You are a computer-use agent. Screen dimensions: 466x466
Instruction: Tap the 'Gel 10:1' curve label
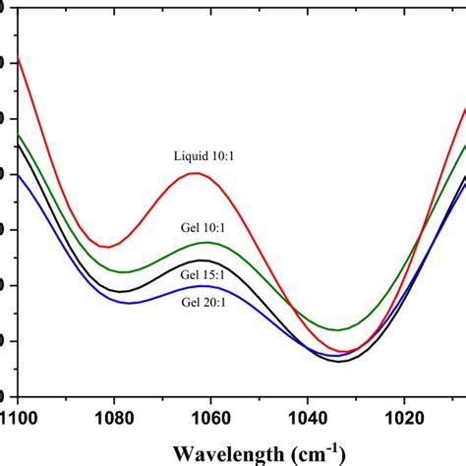click(203, 228)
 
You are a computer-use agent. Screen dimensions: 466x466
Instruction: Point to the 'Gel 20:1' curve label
click(203, 302)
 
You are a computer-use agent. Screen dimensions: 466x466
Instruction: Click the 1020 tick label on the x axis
click(405, 416)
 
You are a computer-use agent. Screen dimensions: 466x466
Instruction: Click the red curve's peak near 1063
click(194, 173)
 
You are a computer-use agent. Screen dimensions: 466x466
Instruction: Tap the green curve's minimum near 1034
click(337, 330)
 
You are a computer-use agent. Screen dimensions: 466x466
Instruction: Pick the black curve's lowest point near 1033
click(340, 361)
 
